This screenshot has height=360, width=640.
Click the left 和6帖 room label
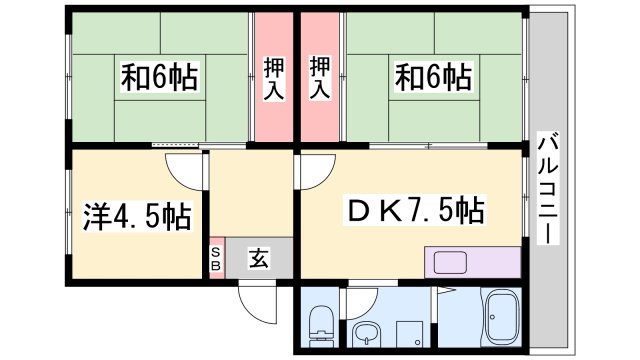[x=159, y=77]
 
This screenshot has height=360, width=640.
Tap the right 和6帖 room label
[x=433, y=77]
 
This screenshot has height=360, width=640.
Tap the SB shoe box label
[x=216, y=259]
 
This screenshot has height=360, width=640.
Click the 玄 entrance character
[x=258, y=260]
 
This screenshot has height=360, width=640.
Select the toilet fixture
[x=322, y=322]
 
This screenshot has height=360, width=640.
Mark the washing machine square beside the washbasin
[x=407, y=333]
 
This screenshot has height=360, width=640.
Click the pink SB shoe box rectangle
[x=216, y=259]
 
